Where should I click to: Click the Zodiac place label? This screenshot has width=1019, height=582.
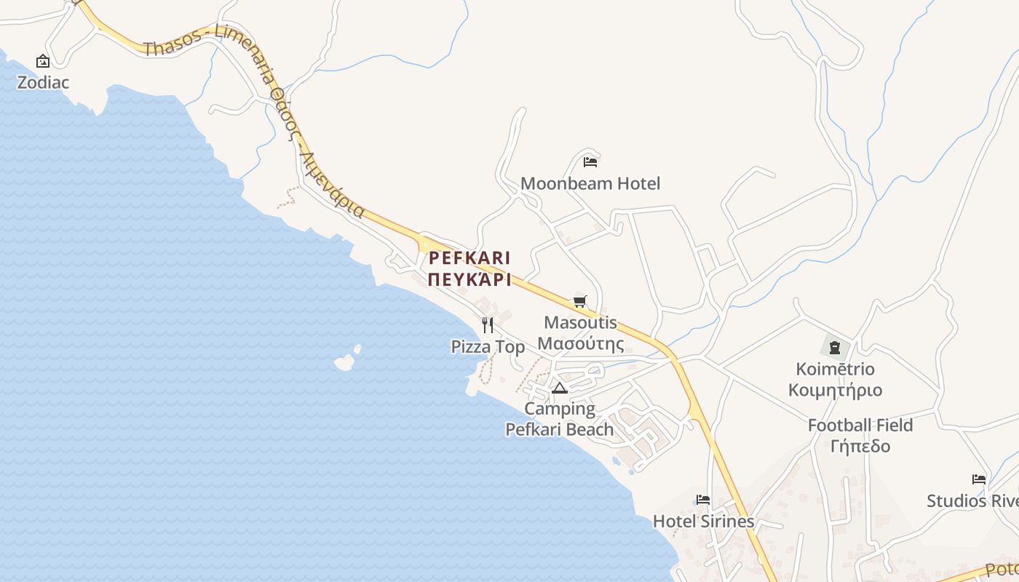coord(43,82)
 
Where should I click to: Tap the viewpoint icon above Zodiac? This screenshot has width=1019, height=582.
coord(43,62)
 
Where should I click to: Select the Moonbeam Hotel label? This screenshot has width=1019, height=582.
coord(590,183)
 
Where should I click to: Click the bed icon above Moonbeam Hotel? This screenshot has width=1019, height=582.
coord(590,162)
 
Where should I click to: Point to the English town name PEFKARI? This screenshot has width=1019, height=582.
coord(469,258)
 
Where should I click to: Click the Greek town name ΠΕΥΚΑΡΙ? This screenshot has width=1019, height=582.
coord(469,280)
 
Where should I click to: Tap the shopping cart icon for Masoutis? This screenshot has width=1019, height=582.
coord(580,301)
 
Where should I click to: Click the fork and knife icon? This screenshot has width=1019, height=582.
coord(488,325)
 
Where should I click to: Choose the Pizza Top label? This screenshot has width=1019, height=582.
coord(488,347)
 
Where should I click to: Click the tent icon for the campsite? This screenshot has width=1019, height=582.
coord(559,388)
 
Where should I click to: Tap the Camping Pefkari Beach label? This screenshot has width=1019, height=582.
coord(560,419)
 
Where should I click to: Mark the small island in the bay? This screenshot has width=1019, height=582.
coord(344,361)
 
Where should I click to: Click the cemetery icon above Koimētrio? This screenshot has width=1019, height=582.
coord(835,347)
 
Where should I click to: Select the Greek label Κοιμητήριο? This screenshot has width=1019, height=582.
coord(835,390)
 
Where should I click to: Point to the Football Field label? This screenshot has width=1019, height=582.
coord(860,425)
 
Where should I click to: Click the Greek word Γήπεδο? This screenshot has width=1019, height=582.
coord(860,446)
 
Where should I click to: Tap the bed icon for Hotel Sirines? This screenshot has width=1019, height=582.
coord(703,500)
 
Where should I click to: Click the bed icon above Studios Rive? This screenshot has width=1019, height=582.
coord(979,479)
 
